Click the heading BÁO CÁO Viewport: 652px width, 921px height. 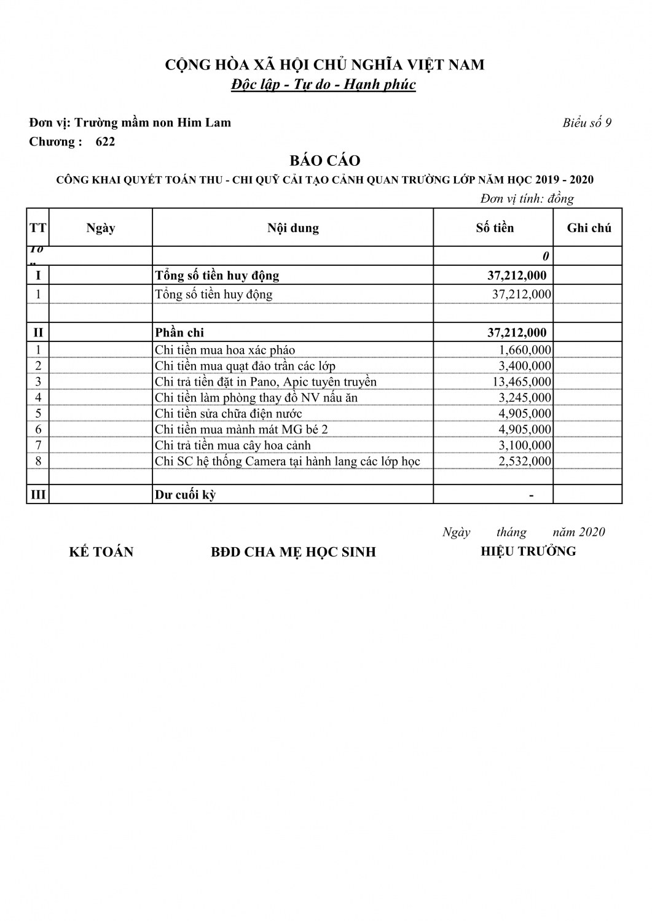click(324, 161)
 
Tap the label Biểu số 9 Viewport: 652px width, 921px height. click(587, 123)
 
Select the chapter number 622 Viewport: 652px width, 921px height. click(106, 142)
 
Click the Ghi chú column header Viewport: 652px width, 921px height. click(589, 228)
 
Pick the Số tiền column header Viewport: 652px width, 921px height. click(495, 228)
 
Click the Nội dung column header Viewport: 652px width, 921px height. click(293, 228)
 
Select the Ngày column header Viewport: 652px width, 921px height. click(101, 228)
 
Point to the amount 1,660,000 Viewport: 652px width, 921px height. click(525, 350)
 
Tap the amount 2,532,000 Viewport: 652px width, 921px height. click(525, 461)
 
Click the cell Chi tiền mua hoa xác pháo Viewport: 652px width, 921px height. click(225, 350)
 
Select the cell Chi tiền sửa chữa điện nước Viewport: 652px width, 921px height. click(229, 414)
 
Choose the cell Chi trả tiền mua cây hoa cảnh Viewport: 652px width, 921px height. click(233, 446)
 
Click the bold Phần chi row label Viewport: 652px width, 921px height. click(179, 333)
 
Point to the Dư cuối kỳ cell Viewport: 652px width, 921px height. click(186, 495)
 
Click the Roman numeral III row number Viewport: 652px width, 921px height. click(38, 495)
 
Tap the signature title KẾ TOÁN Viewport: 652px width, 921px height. click(101, 552)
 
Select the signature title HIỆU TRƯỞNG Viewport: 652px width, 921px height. click(528, 551)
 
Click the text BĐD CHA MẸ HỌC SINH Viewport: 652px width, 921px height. click(293, 552)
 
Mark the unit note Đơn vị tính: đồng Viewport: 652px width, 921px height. click(527, 199)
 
